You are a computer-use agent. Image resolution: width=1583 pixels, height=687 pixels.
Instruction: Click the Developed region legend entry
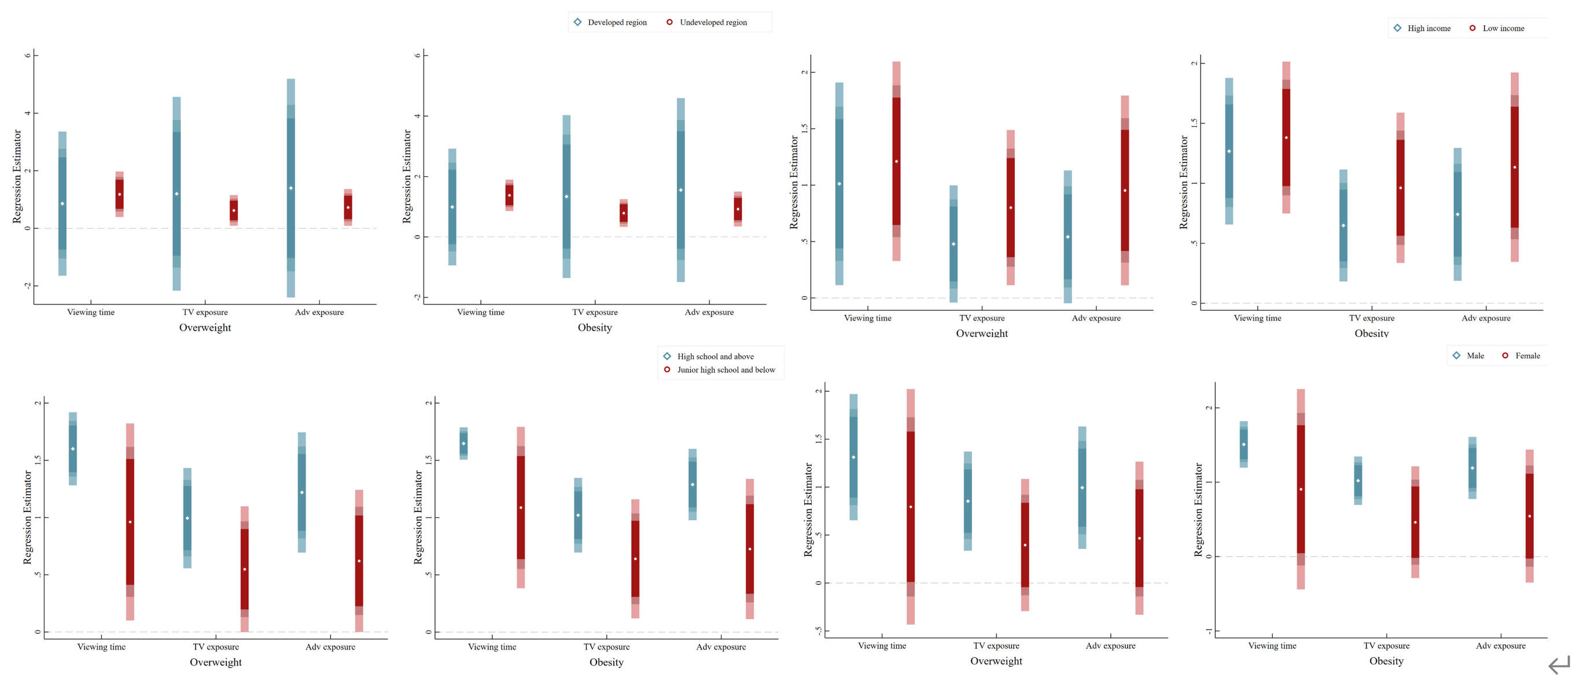616,23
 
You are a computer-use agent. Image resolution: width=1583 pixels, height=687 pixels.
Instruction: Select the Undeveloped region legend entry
712,23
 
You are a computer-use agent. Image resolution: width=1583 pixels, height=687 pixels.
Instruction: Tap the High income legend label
1428,28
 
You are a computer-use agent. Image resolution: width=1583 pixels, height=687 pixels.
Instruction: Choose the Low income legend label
1503,28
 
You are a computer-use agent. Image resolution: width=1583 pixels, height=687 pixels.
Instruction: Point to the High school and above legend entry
715,357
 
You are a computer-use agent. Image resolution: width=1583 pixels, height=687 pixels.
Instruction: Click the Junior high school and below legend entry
725,370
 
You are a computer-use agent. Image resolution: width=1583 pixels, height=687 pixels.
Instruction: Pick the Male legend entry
1474,356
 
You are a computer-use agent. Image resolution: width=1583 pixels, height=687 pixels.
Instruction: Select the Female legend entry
1526,356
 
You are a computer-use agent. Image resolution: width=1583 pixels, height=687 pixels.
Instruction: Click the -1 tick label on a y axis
1208,632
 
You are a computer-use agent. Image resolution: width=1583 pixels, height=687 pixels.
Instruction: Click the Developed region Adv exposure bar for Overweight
290,188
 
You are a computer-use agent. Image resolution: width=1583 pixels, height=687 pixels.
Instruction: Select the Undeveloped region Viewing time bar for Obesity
509,195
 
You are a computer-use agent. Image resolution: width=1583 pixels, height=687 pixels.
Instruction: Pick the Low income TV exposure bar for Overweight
1010,207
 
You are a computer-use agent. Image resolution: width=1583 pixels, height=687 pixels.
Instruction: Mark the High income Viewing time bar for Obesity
1228,151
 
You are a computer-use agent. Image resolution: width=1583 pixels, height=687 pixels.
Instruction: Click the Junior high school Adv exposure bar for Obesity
750,549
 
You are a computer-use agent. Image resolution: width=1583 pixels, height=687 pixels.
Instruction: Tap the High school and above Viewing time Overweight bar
72,449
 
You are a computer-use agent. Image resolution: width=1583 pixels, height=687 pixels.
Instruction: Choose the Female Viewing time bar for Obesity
1300,489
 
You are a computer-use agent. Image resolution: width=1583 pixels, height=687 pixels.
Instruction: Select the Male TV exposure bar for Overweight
968,501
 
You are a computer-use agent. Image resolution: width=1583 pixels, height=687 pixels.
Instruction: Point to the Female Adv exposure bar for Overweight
1139,538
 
